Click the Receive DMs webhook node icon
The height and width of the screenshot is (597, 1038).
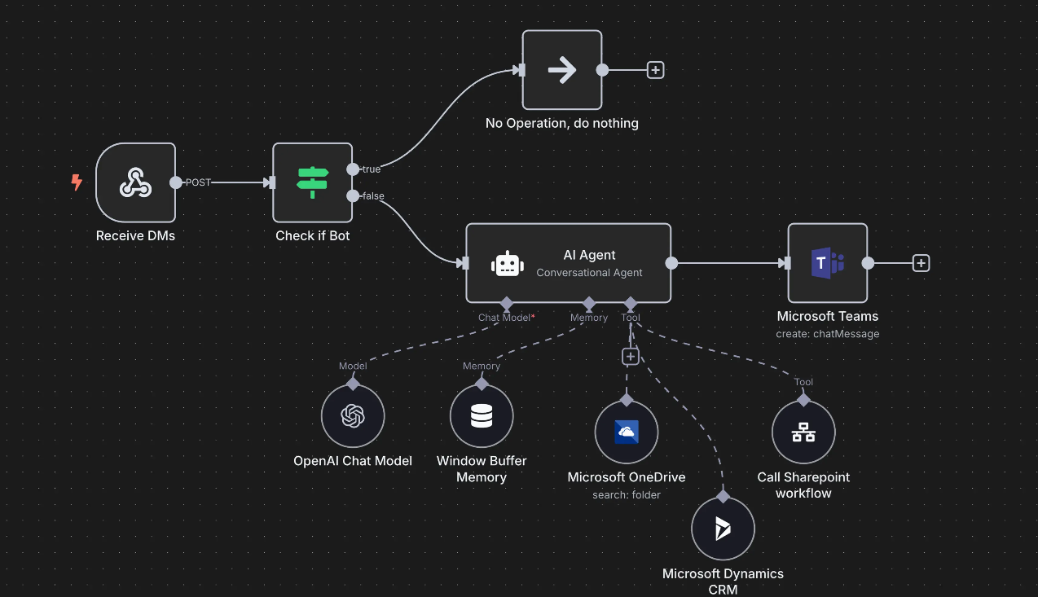(x=135, y=182)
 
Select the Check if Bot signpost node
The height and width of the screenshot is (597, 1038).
(x=312, y=182)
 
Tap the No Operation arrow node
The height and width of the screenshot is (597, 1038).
(x=562, y=70)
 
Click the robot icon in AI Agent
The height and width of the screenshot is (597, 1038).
(x=507, y=263)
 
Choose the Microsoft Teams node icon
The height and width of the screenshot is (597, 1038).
(x=828, y=263)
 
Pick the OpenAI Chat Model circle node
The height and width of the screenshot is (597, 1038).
(x=353, y=416)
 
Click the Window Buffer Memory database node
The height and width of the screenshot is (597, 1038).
(x=482, y=416)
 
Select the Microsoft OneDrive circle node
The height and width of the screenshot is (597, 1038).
(x=627, y=432)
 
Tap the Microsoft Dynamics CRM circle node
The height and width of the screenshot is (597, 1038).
(x=723, y=529)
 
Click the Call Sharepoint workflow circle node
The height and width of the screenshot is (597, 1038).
(x=803, y=432)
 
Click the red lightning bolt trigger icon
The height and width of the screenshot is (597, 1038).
(x=77, y=182)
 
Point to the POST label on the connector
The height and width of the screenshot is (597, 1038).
(x=198, y=182)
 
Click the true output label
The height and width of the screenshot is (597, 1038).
(x=372, y=169)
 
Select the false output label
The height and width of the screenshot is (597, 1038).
(x=373, y=196)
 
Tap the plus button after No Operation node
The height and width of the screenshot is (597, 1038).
(x=655, y=70)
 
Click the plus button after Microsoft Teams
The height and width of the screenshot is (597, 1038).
(x=921, y=263)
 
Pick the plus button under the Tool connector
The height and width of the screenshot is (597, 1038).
(x=630, y=356)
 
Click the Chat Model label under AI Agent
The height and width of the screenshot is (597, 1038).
(x=504, y=318)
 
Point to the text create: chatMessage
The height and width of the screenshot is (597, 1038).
(x=828, y=334)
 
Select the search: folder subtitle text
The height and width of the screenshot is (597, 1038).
(x=627, y=494)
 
